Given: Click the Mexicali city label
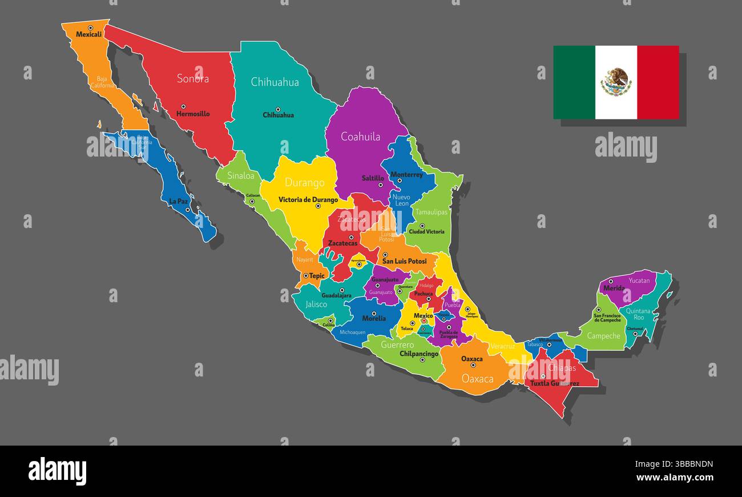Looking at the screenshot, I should pos(88,34).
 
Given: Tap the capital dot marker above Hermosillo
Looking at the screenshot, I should pos(183,106).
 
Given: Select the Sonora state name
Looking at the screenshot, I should pos(192,79).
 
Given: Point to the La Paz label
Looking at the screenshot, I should pos(178,202).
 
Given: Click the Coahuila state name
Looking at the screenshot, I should pos(360,137).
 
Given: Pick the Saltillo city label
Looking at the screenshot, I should pos(373,178).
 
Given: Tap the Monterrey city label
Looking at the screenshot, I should pos(406,175).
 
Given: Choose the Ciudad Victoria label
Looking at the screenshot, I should pos(426,232).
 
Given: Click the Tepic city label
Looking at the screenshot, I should pos(317,276).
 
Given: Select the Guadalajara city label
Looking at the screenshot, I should pos(336,296).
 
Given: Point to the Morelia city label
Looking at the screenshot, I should pos(374,319).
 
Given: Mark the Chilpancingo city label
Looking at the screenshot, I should pos(419,354).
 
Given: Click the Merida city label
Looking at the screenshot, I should pos(614,288).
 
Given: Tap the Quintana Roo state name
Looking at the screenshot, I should pos(638,314).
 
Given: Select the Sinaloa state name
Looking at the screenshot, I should pos(240,176).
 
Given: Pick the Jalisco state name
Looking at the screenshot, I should pos(316,304).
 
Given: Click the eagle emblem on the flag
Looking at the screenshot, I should pos(616,82).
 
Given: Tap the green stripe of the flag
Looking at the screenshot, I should pos(574,82).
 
